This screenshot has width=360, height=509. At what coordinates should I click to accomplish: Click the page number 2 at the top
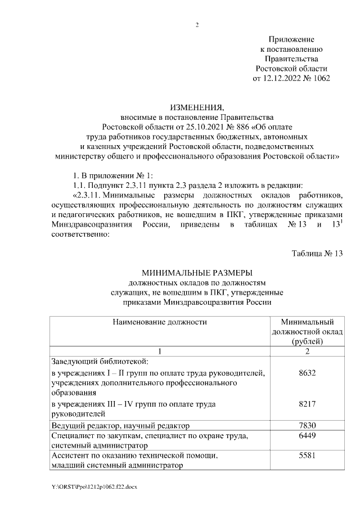point(197,24)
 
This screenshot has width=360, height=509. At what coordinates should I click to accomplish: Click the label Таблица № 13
point(317,253)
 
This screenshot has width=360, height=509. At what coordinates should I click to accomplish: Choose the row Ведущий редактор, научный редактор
point(120,426)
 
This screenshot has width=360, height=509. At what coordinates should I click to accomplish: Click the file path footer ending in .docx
point(93,487)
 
